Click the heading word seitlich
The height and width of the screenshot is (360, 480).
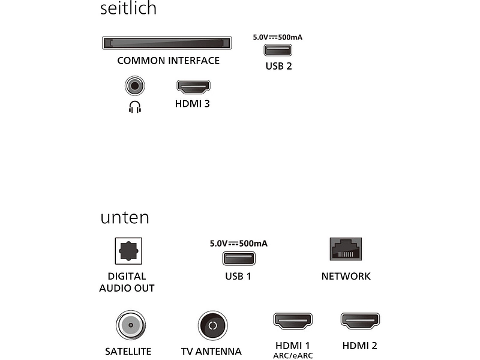[x=128, y=8]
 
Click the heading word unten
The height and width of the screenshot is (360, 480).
[x=125, y=217]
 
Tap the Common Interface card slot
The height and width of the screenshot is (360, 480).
[x=167, y=43]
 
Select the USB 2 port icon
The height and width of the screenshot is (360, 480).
[x=278, y=50]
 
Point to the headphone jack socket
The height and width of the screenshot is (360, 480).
[x=134, y=86]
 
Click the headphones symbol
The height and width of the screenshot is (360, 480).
[x=134, y=107]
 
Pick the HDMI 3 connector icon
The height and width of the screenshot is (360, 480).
[x=193, y=87]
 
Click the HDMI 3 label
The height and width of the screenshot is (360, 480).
[x=192, y=104]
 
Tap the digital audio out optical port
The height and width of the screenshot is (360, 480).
[x=128, y=251]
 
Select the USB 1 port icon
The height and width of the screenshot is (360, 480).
[x=239, y=259]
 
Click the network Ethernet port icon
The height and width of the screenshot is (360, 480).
[x=346, y=249]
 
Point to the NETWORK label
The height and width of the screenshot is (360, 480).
[x=346, y=276]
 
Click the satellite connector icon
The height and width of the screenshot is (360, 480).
[x=131, y=325]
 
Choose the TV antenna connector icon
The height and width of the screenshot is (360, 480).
[x=213, y=325]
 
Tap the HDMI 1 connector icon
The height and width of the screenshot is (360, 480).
[x=293, y=321]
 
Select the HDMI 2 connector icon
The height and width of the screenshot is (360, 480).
[x=360, y=321]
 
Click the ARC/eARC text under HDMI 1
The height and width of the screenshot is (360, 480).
[x=293, y=356]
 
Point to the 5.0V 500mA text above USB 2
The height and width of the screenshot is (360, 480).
[x=278, y=37]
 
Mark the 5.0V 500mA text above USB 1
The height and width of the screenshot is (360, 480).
[x=238, y=244]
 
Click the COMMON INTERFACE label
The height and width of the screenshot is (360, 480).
[x=169, y=61]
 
